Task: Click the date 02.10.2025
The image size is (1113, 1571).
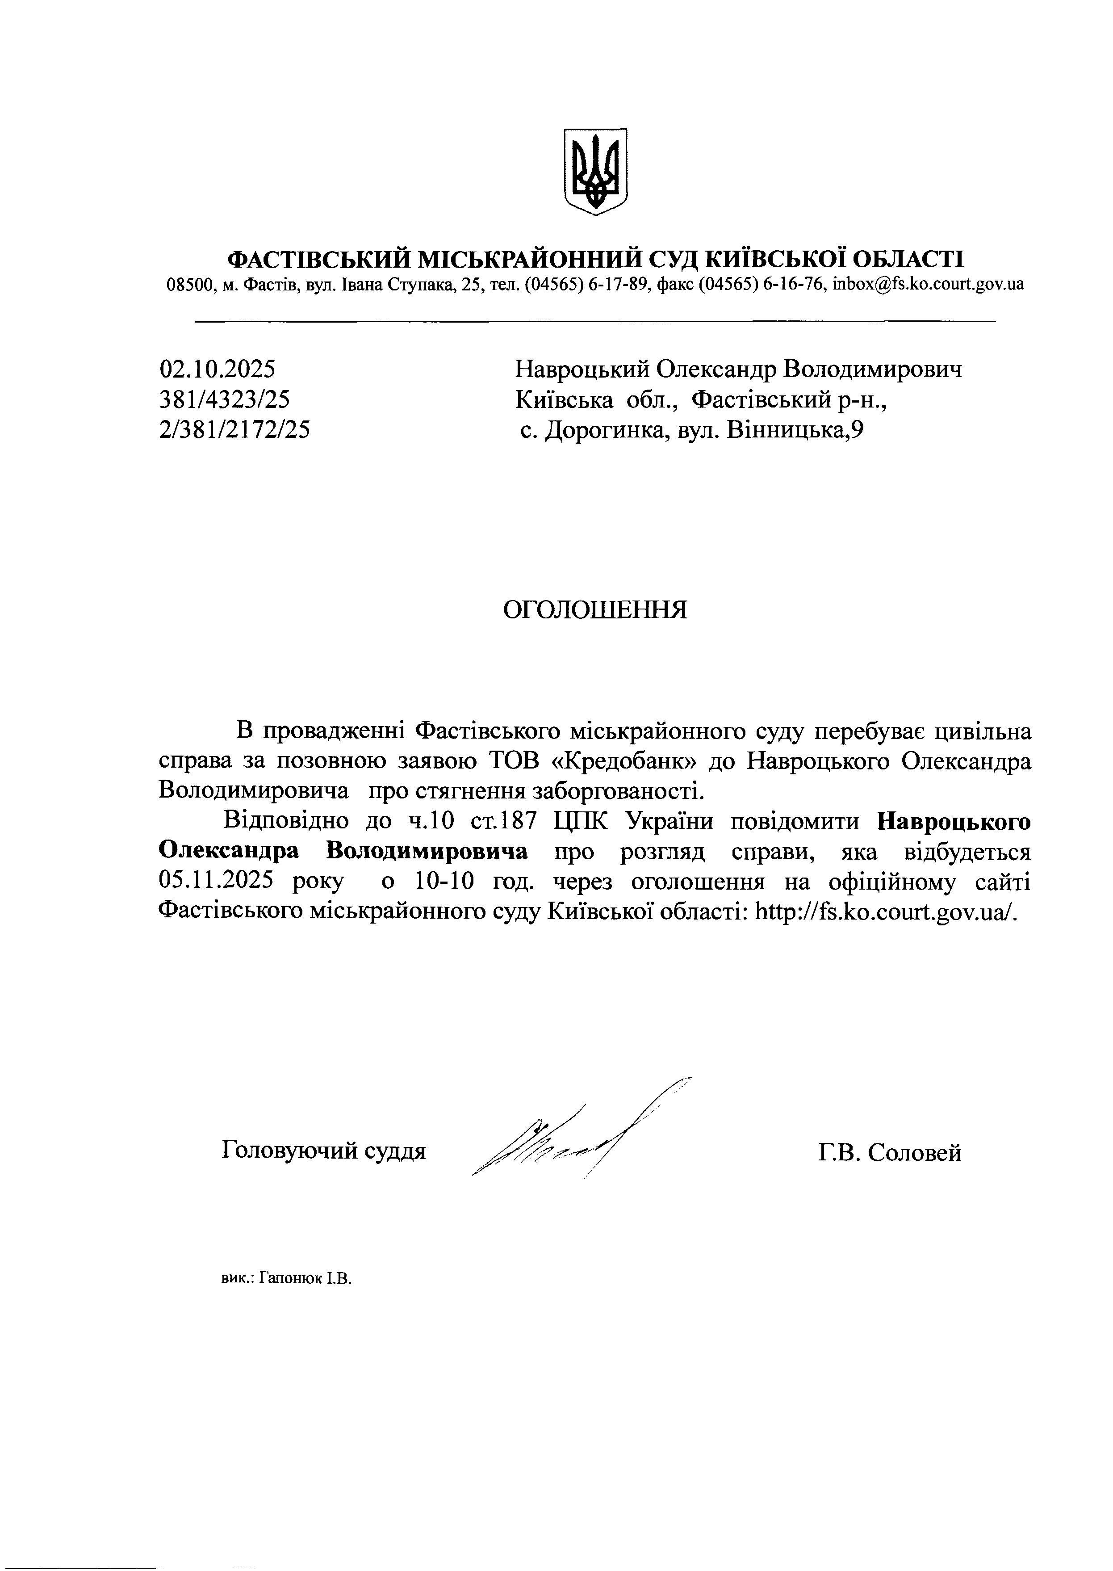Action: [217, 370]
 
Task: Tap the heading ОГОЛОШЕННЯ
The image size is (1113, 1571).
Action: [595, 609]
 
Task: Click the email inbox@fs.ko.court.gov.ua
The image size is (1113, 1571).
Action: [929, 284]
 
